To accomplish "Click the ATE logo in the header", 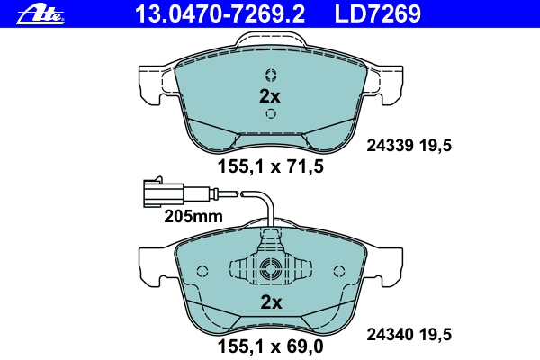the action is pyautogui.click(x=40, y=15).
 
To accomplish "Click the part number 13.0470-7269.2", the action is pyautogui.click(x=220, y=14).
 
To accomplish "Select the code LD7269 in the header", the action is pyautogui.click(x=378, y=14).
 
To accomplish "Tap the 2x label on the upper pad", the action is pyautogui.click(x=270, y=96).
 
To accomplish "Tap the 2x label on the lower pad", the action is pyautogui.click(x=272, y=302).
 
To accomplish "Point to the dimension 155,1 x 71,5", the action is pyautogui.click(x=271, y=167).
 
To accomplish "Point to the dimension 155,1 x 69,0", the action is pyautogui.click(x=271, y=346).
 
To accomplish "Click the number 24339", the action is pyautogui.click(x=390, y=146).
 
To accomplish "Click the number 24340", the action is pyautogui.click(x=390, y=335).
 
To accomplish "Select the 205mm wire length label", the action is pyautogui.click(x=193, y=217).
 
